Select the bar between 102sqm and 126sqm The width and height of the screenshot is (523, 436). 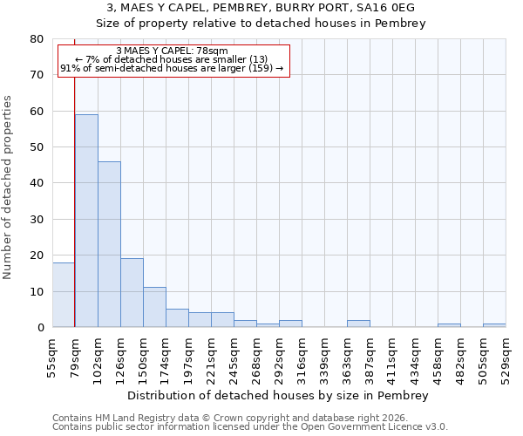click(109, 244)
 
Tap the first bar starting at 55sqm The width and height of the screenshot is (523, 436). click(64, 295)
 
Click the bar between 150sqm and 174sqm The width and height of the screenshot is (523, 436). click(154, 307)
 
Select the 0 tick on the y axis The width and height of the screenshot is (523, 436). click(39, 328)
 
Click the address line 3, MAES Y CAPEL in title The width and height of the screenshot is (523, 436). click(261, 8)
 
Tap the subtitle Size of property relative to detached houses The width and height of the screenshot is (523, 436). click(261, 24)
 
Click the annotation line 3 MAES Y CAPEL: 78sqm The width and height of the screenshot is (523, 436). click(172, 51)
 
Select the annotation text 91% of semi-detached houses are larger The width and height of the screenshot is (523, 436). click(172, 68)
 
